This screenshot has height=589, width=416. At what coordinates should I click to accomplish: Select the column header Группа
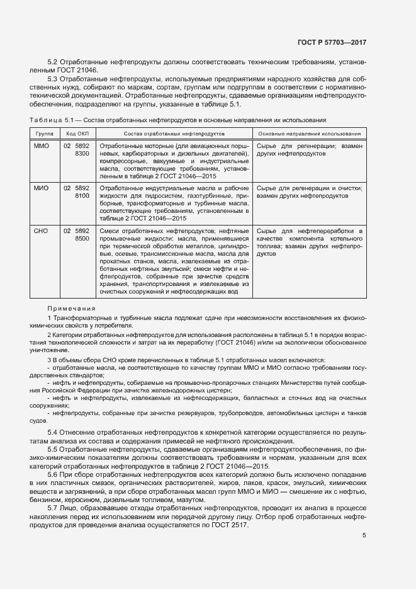(x=44, y=134)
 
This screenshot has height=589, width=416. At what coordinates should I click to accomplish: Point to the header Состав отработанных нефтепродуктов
(x=174, y=134)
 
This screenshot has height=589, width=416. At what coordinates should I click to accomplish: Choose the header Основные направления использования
(x=309, y=134)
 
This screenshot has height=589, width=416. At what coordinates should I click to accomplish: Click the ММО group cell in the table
(x=40, y=146)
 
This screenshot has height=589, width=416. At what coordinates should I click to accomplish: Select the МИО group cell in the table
(x=40, y=188)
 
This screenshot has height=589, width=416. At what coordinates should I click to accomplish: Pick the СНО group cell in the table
(x=40, y=231)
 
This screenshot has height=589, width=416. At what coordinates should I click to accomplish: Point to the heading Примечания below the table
(x=71, y=308)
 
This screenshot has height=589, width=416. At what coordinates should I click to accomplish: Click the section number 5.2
(x=53, y=62)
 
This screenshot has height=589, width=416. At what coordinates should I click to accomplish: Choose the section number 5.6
(x=53, y=473)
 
